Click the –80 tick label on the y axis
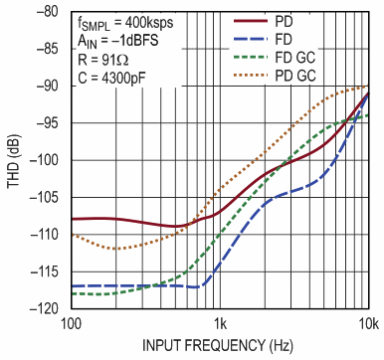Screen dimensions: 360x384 (48, 12)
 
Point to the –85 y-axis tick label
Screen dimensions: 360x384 (48, 49)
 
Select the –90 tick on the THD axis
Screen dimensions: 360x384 (48, 86)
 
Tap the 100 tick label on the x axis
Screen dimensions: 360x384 (70, 323)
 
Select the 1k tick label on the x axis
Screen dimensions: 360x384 (220, 323)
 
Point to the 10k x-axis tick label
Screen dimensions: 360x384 (367, 323)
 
